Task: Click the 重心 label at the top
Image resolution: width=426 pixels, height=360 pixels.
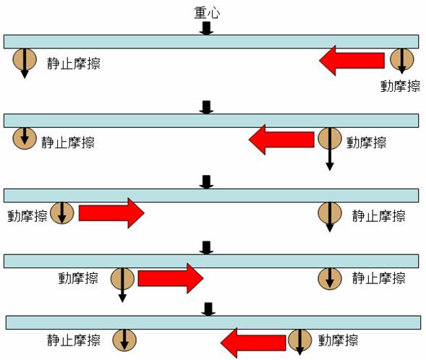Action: click(x=207, y=13)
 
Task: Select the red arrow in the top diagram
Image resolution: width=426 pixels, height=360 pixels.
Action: click(x=352, y=61)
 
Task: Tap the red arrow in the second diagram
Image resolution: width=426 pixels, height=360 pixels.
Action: click(x=281, y=140)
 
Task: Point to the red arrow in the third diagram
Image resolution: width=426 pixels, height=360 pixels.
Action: click(x=111, y=213)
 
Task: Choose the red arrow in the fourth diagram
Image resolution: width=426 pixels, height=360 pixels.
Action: click(x=171, y=278)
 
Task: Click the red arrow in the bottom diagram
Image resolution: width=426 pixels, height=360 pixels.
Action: click(x=253, y=343)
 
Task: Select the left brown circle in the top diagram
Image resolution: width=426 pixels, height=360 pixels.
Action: click(x=25, y=60)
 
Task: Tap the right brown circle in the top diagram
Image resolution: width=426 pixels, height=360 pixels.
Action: click(x=402, y=59)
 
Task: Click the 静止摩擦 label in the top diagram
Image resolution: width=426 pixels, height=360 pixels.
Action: click(x=74, y=64)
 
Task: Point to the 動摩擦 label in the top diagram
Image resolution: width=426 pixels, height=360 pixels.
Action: click(x=400, y=86)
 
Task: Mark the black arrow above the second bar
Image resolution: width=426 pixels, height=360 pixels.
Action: click(x=206, y=107)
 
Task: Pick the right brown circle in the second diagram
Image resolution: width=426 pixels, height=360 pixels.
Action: click(x=330, y=139)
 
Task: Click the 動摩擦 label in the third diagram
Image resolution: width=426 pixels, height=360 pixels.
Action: click(x=27, y=216)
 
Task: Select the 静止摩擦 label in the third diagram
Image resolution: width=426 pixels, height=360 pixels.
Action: click(x=379, y=216)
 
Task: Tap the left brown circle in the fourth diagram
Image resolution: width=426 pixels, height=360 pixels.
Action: click(x=122, y=278)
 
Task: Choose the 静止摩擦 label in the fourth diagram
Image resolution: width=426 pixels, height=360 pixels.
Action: click(x=379, y=278)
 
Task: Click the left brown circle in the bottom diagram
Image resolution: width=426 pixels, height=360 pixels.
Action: click(x=124, y=340)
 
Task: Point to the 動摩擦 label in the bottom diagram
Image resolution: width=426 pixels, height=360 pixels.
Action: click(x=338, y=340)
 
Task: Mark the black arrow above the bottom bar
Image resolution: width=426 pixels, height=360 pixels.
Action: click(x=208, y=309)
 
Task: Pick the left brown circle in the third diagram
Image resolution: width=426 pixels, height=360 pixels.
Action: click(x=62, y=213)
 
